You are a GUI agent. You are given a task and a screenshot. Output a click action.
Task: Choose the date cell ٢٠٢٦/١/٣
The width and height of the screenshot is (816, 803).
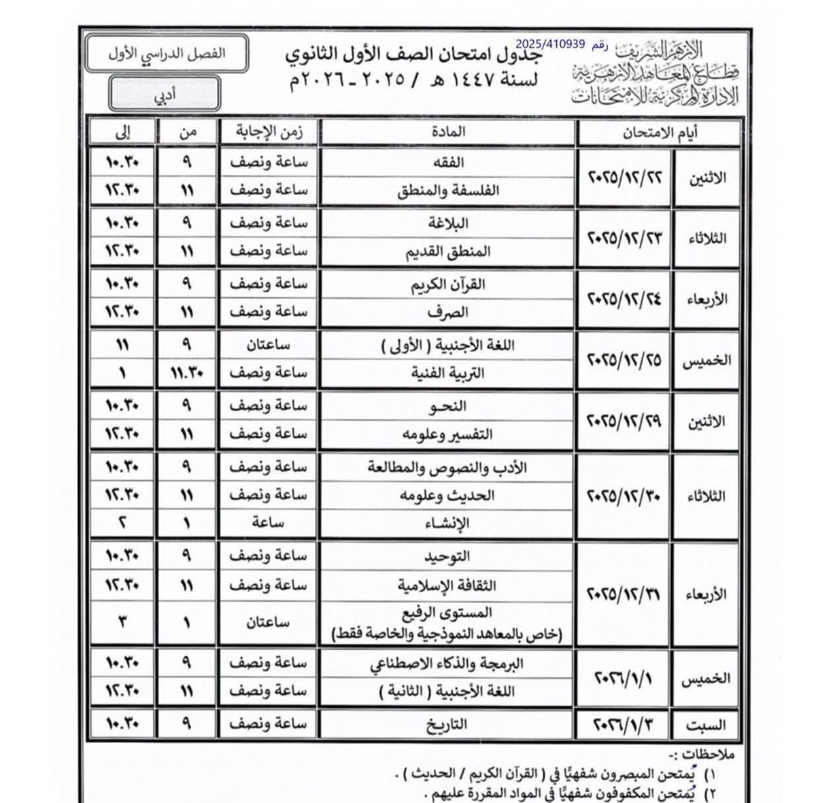tap(624, 725)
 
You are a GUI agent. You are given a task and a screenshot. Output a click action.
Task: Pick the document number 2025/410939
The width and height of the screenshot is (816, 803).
tap(554, 45)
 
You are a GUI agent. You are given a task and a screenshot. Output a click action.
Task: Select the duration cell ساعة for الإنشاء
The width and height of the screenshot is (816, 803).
tap(268, 524)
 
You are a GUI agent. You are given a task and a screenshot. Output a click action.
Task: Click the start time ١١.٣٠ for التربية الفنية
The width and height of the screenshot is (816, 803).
tap(186, 373)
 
